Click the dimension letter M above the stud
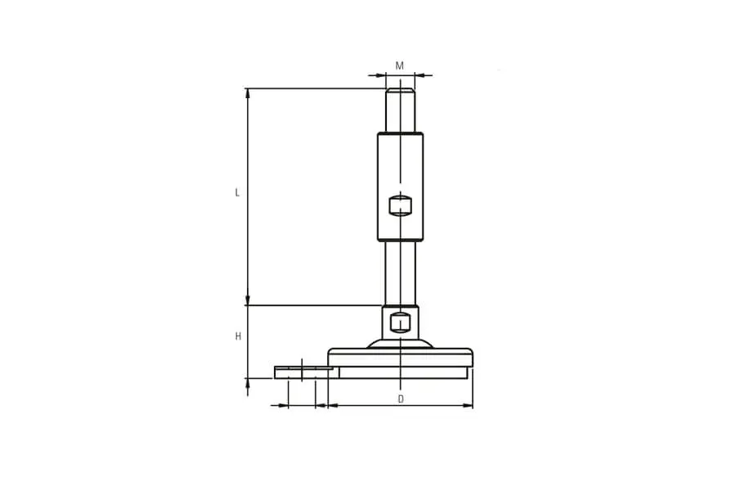tap(399, 65)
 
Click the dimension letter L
tap(237, 192)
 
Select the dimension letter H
tap(238, 336)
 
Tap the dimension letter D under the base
tap(401, 399)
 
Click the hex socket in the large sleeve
tap(400, 205)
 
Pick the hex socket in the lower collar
tap(400, 322)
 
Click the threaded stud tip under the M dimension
tap(400, 110)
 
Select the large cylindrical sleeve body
tap(400, 187)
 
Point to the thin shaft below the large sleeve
tap(400, 273)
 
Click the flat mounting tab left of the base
tap(303, 372)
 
